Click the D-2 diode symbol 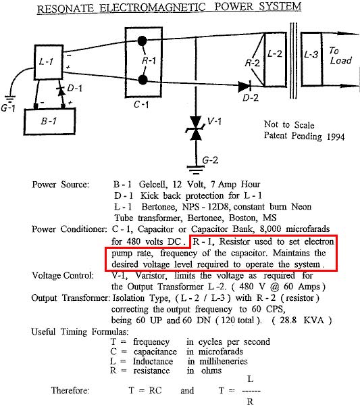(245, 87)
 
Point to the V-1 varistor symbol (196, 128)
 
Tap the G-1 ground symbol (10, 99)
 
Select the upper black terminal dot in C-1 (142, 41)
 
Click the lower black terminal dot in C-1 (143, 80)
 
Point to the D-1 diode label (74, 89)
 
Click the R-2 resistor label (252, 63)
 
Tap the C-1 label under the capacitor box (141, 104)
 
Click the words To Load (340, 55)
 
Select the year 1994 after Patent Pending (336, 137)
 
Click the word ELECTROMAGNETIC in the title (153, 8)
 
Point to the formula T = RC (145, 390)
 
